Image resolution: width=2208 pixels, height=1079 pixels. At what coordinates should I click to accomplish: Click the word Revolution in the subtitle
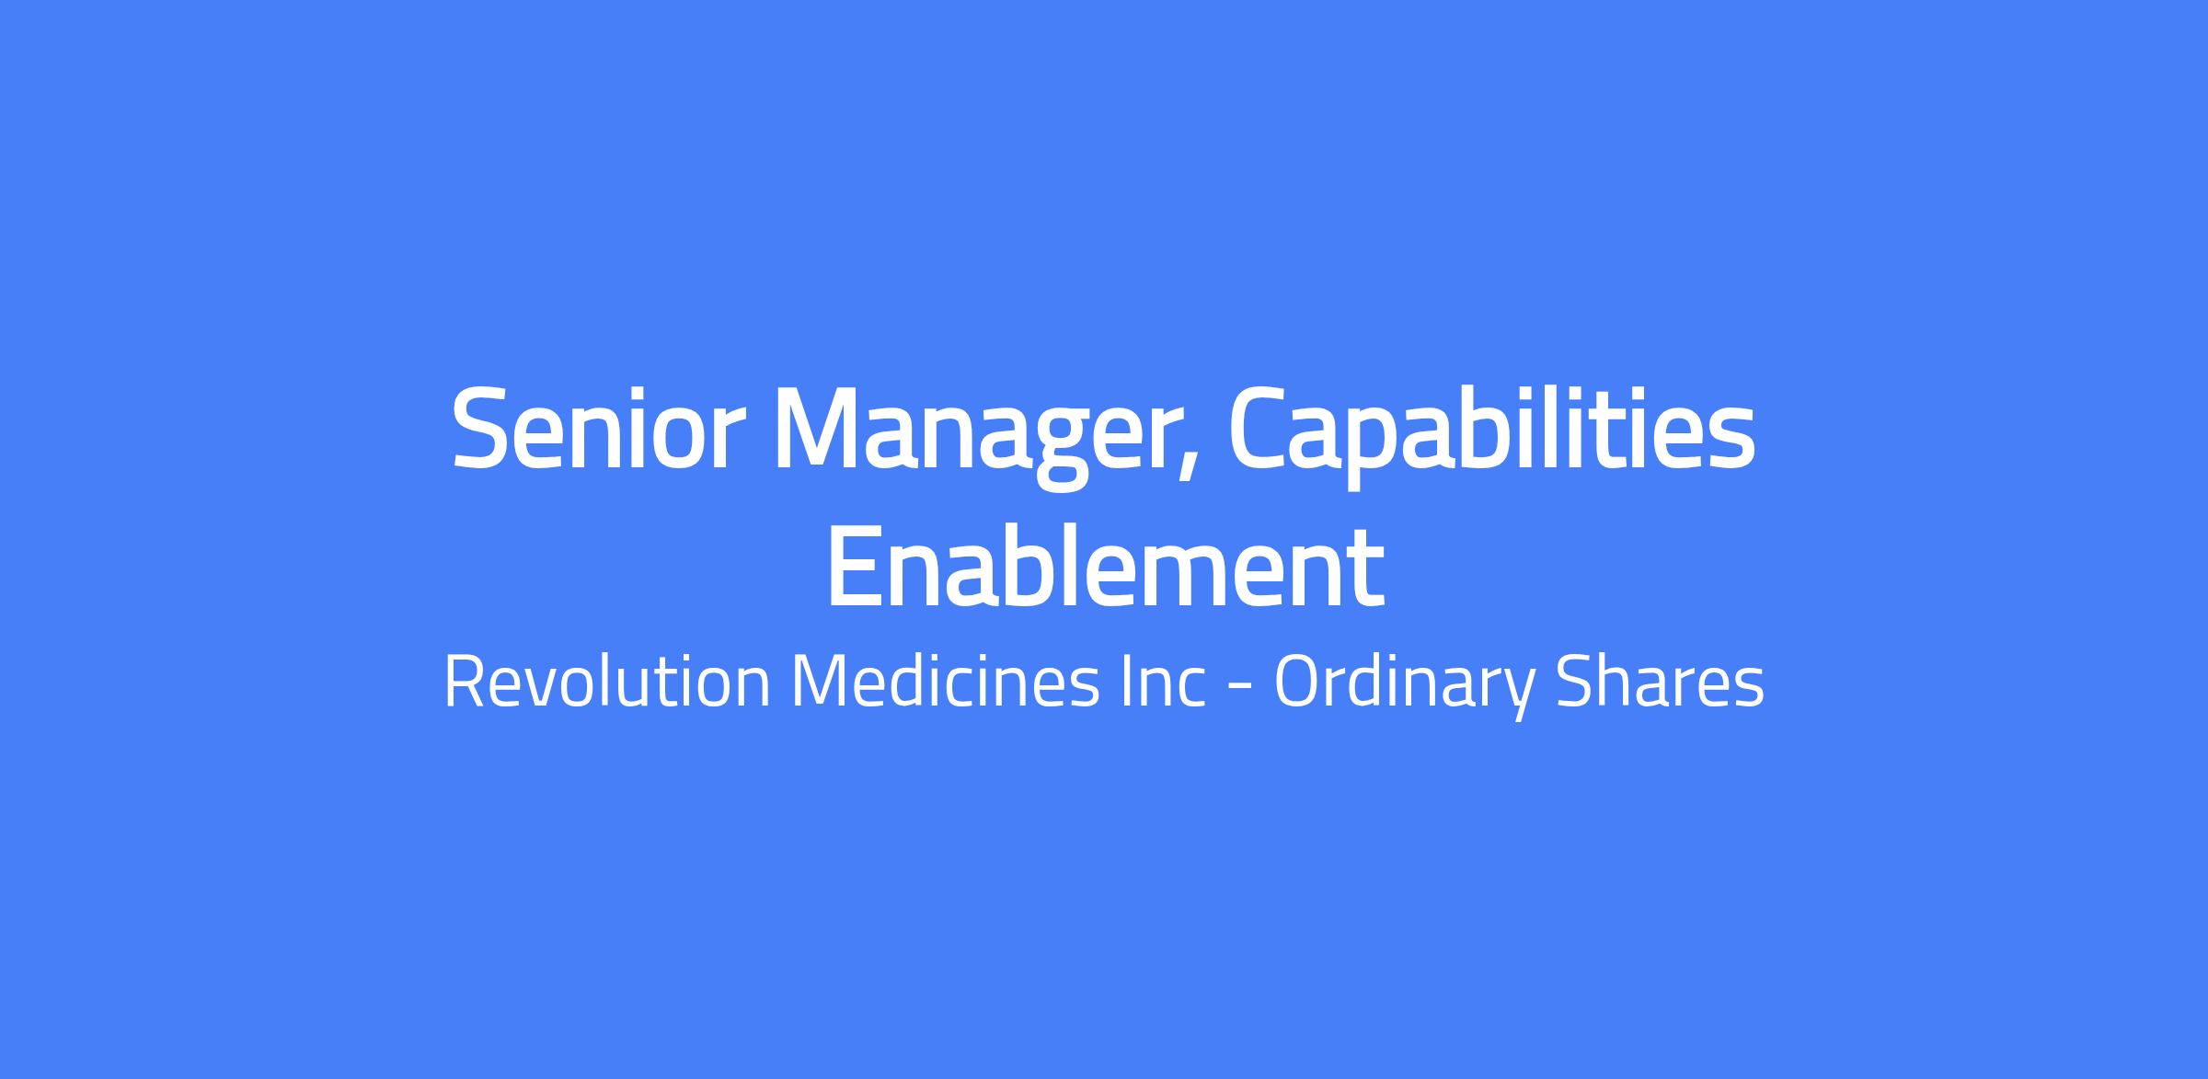(x=607, y=683)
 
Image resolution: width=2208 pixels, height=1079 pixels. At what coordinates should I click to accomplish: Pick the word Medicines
(x=945, y=683)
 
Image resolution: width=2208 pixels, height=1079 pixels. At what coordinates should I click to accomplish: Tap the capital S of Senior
(x=479, y=429)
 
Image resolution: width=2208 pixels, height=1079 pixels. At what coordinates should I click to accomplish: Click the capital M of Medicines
(x=824, y=683)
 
